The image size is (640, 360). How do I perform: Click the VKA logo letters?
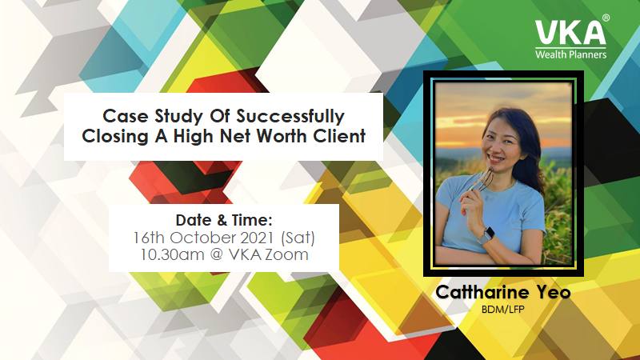coord(570,32)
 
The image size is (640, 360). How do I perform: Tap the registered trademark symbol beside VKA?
coord(606,18)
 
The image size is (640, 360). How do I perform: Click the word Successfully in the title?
coord(290,117)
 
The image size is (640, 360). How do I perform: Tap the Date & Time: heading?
coord(224,221)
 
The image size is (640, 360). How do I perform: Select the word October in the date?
coord(203,238)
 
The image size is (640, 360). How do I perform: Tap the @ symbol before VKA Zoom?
coord(216,255)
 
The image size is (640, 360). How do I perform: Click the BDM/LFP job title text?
coord(503,310)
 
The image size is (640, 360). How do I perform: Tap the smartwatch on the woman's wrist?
coord(487,235)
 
